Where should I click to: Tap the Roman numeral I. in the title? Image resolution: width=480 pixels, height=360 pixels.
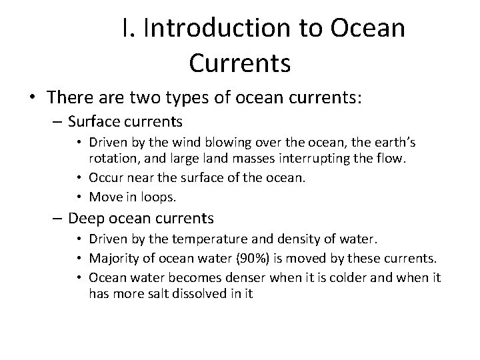(129, 29)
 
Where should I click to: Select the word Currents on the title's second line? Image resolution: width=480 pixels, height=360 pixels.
(240, 63)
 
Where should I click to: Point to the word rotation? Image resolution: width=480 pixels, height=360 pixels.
(110, 158)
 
